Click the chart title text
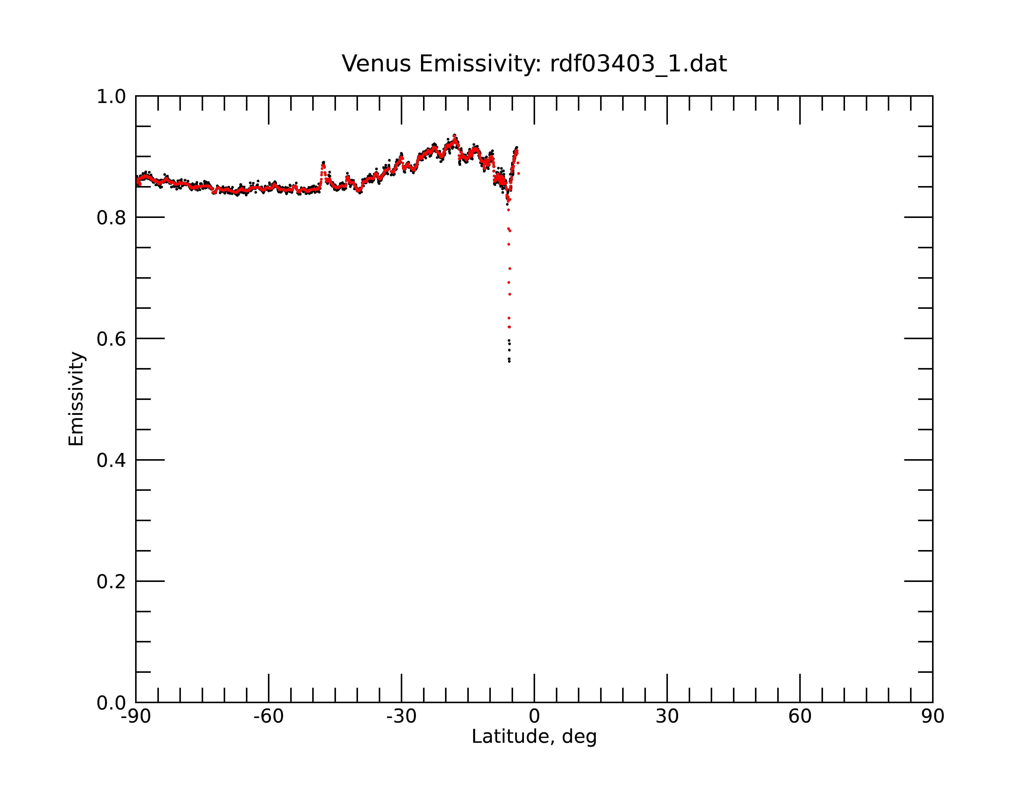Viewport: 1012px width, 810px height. [534, 64]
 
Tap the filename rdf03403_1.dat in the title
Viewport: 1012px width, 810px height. [638, 64]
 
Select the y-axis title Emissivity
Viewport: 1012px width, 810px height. [76, 399]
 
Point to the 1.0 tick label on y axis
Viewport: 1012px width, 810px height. [111, 97]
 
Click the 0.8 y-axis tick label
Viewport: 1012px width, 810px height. [111, 218]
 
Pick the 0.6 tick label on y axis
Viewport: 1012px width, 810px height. [111, 339]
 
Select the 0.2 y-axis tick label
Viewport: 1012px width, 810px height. [111, 582]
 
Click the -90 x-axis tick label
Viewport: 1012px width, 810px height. [136, 717]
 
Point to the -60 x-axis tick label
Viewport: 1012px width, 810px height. [268, 717]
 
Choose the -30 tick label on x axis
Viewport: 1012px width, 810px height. [401, 717]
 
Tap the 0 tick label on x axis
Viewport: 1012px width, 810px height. [534, 717]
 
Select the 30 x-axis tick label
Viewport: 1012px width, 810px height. [667, 717]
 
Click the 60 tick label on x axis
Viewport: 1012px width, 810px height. [800, 717]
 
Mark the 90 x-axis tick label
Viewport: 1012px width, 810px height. [933, 717]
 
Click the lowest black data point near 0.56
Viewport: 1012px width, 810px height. [509, 361]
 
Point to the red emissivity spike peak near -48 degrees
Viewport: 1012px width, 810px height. [323, 164]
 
